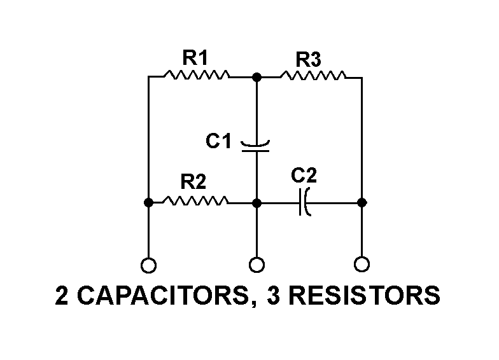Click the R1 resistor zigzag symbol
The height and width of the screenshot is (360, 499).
point(196,76)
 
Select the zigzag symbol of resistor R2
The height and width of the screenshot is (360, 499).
point(195,202)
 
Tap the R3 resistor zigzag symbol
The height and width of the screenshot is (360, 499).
point(313,76)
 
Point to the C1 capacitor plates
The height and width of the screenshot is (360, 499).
point(256,146)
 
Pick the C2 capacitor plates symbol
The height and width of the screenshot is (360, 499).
point(305,202)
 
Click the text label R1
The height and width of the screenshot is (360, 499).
point(195,58)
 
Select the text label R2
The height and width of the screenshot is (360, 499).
point(193,183)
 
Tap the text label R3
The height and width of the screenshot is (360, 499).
point(309,60)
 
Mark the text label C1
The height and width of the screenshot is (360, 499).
point(218,141)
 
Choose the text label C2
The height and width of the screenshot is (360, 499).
point(304,174)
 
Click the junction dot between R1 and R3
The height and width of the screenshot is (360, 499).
point(256,77)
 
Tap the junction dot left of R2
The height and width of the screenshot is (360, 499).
point(148,202)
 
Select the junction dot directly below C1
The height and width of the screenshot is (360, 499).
point(256,202)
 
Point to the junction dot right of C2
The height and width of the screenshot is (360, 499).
point(362,202)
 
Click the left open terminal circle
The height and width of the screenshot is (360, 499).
point(148,264)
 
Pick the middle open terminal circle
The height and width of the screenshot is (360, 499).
point(256,263)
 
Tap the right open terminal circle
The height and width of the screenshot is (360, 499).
point(362,263)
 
